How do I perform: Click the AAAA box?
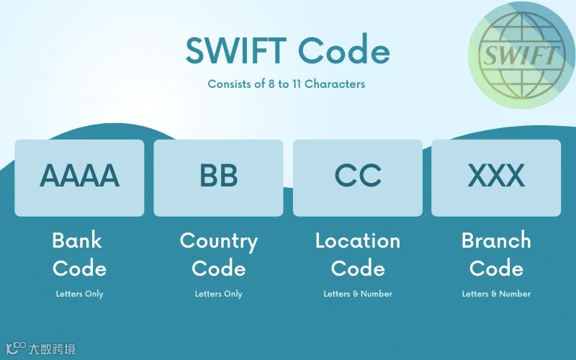click(x=79, y=177)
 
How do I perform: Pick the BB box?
click(x=218, y=177)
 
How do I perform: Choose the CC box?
click(x=358, y=177)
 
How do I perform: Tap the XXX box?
click(x=496, y=177)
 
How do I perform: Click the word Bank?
click(x=77, y=240)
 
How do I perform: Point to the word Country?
click(x=218, y=241)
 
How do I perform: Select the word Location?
click(x=358, y=240)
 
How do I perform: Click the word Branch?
click(x=496, y=240)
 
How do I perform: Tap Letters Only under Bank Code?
click(x=79, y=294)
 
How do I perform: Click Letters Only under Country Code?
click(x=218, y=294)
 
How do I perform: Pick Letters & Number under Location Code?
click(x=358, y=294)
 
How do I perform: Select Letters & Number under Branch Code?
click(x=496, y=294)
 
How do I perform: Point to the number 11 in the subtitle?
click(x=295, y=84)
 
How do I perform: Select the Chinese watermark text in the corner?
click(x=53, y=350)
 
